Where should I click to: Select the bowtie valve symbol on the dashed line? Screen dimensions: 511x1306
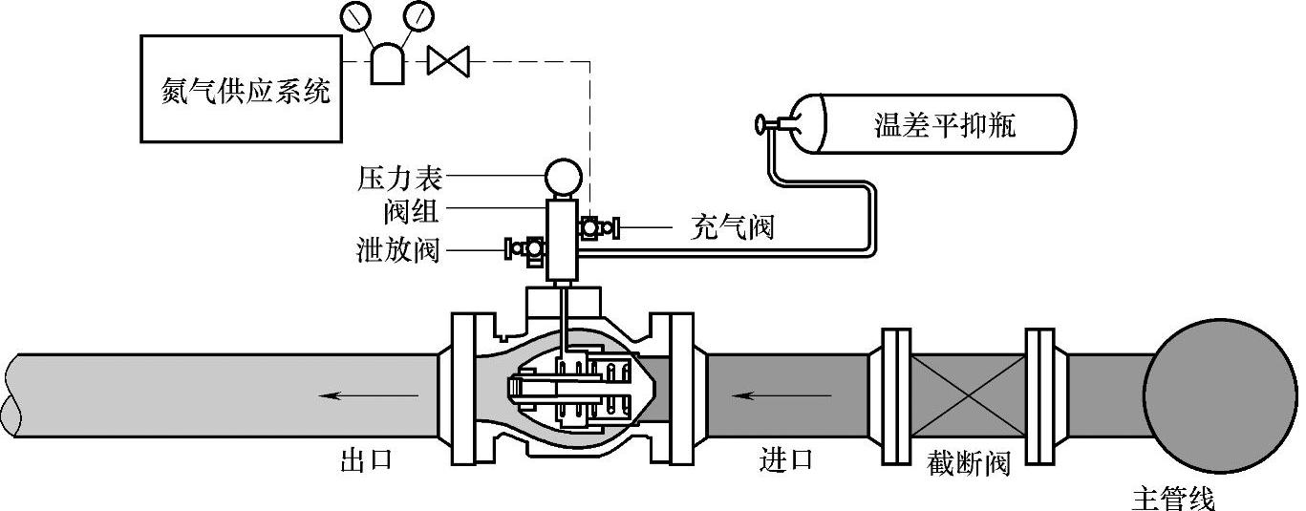[445, 62]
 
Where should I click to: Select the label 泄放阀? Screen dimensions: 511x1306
[394, 250]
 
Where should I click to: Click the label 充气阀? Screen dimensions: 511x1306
[731, 227]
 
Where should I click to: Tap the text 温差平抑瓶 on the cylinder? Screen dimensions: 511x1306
[944, 125]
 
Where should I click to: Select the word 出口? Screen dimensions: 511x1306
[367, 460]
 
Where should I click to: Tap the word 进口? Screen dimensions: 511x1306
[786, 460]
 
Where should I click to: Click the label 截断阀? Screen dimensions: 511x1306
[968, 465]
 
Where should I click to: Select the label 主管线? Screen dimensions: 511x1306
[1174, 499]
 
